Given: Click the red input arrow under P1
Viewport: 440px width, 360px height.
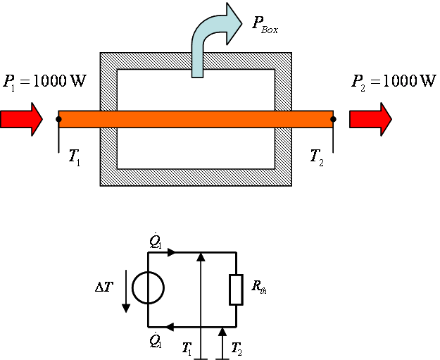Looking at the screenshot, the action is click(x=21, y=119).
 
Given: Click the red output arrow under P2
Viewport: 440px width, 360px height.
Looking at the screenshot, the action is click(x=370, y=119).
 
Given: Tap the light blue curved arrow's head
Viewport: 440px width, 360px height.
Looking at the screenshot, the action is click(x=234, y=23).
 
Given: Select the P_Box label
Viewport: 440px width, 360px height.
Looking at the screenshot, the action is click(x=265, y=25).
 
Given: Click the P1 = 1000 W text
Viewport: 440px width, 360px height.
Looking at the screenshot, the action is click(x=44, y=82).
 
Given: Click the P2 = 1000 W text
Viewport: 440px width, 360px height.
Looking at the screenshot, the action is click(x=394, y=82).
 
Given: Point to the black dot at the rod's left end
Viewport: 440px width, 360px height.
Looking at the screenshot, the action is click(x=58, y=119).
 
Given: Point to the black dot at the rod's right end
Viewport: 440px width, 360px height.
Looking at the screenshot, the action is click(x=333, y=119).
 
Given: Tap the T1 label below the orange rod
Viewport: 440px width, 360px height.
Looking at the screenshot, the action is click(x=75, y=158).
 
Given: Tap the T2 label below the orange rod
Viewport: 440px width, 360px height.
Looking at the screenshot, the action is click(x=317, y=158).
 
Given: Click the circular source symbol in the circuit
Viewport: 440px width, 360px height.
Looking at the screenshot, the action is click(x=148, y=287).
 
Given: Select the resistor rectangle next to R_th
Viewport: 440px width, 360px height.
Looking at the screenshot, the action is click(x=236, y=290).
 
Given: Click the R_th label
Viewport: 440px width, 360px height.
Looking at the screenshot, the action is click(x=259, y=287).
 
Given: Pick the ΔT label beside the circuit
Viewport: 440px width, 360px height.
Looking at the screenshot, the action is click(x=104, y=287).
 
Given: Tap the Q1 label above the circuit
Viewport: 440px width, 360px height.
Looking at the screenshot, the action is click(x=156, y=241).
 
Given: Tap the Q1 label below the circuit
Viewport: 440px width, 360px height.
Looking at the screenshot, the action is click(x=156, y=340).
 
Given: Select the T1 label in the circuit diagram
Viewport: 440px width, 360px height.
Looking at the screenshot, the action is click(x=187, y=349).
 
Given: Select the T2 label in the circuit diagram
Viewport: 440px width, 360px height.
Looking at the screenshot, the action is click(x=237, y=349).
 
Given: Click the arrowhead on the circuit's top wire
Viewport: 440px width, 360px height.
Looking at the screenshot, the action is click(x=172, y=252).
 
